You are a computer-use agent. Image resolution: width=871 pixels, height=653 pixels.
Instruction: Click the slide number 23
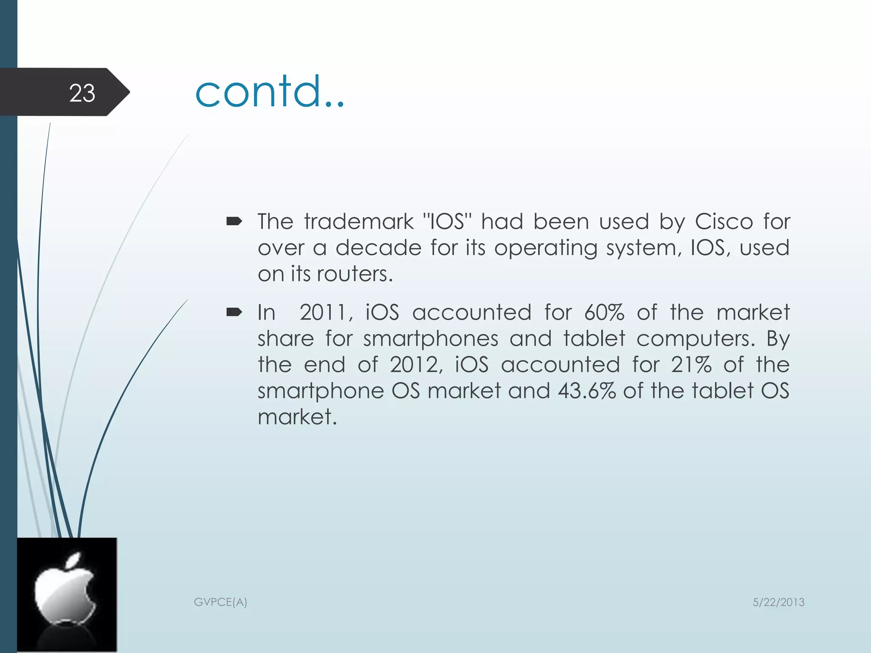[82, 93]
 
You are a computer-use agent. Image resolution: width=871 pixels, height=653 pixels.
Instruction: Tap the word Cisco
[724, 221]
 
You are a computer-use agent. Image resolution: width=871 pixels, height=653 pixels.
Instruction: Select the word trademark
[359, 221]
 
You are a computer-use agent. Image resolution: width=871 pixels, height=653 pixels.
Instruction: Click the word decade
[378, 248]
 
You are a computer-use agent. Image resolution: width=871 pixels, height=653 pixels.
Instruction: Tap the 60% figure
[604, 312]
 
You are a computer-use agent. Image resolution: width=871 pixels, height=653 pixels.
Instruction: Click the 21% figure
[691, 365]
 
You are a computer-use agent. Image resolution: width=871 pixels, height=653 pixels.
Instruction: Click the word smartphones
[430, 339]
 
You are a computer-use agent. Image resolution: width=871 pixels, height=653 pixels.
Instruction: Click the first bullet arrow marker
[234, 221]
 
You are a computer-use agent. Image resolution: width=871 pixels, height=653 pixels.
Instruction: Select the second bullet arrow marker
[234, 313]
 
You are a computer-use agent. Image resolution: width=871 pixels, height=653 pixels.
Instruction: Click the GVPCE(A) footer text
[220, 602]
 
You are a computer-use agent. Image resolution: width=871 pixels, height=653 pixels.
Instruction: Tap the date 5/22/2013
[778, 602]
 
